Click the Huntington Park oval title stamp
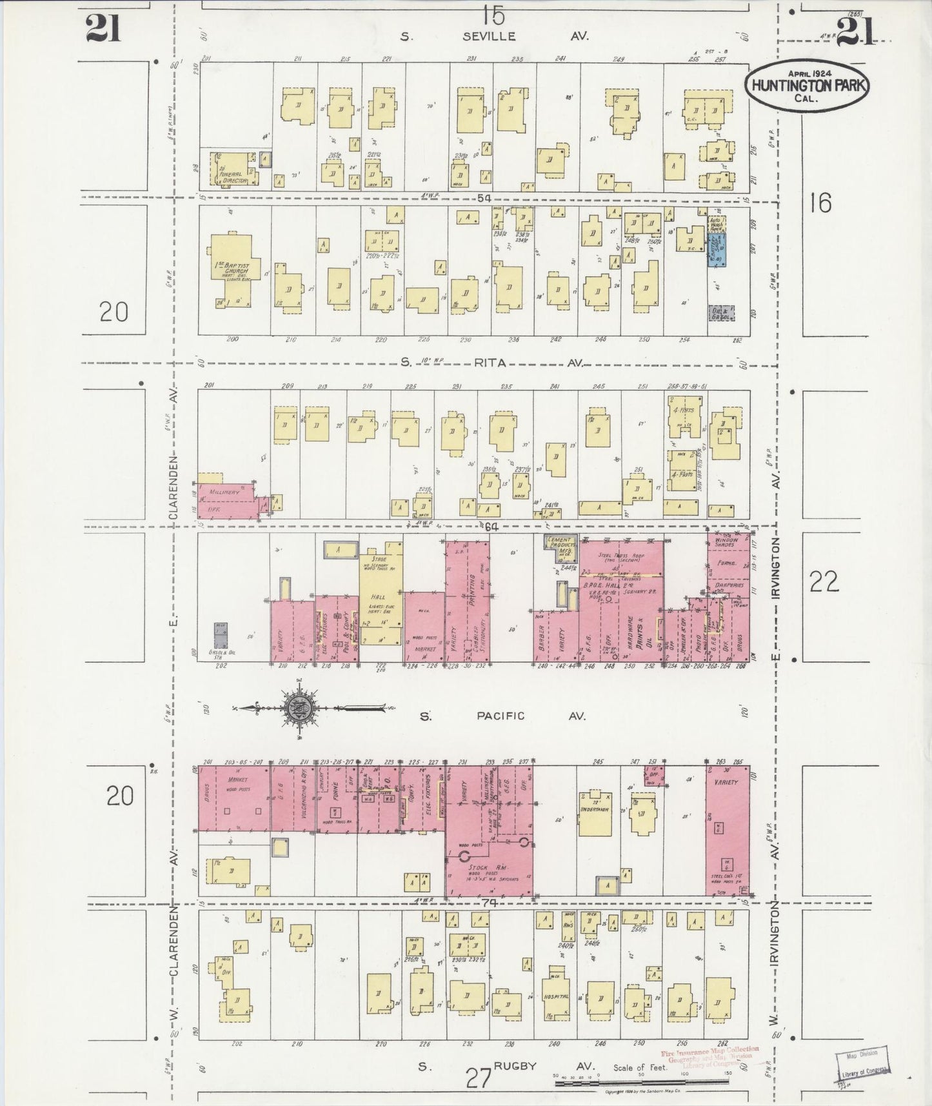click(808, 85)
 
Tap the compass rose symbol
click(301, 708)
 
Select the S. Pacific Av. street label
click(500, 716)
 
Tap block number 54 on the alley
click(484, 197)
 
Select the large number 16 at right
click(820, 203)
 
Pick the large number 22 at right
click(824, 582)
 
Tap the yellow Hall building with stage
click(381, 597)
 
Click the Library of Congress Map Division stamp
click(861, 1061)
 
